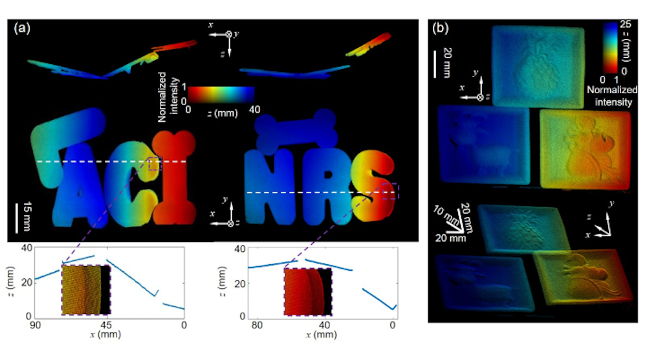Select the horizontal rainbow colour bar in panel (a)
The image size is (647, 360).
(221, 95)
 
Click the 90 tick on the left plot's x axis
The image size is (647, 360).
(36, 325)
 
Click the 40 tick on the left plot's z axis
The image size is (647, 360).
(27, 249)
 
